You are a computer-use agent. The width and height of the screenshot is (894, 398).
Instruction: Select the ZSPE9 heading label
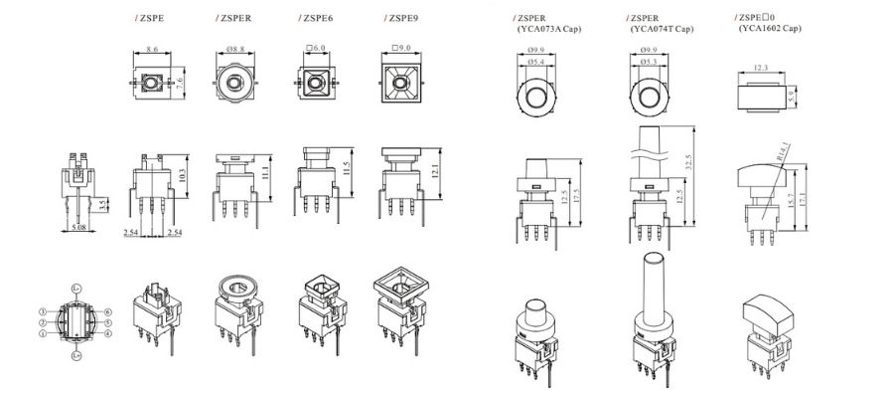(399, 18)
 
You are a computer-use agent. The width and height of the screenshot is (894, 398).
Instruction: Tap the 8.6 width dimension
(151, 49)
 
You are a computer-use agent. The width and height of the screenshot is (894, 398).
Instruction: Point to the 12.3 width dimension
(760, 68)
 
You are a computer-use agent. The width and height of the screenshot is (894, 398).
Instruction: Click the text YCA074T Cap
(661, 30)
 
